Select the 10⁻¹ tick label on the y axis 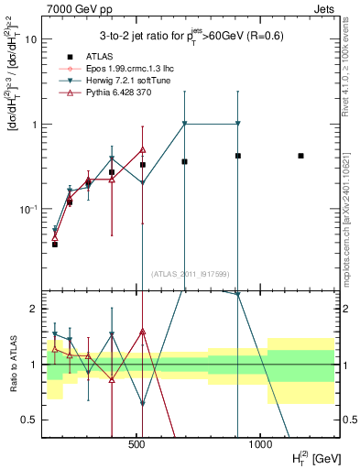[x=28, y=210]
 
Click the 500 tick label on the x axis [x=137, y=443]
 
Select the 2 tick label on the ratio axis [x=35, y=309]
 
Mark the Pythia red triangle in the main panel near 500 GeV [x=143, y=149]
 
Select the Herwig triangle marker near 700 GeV [x=185, y=124]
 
